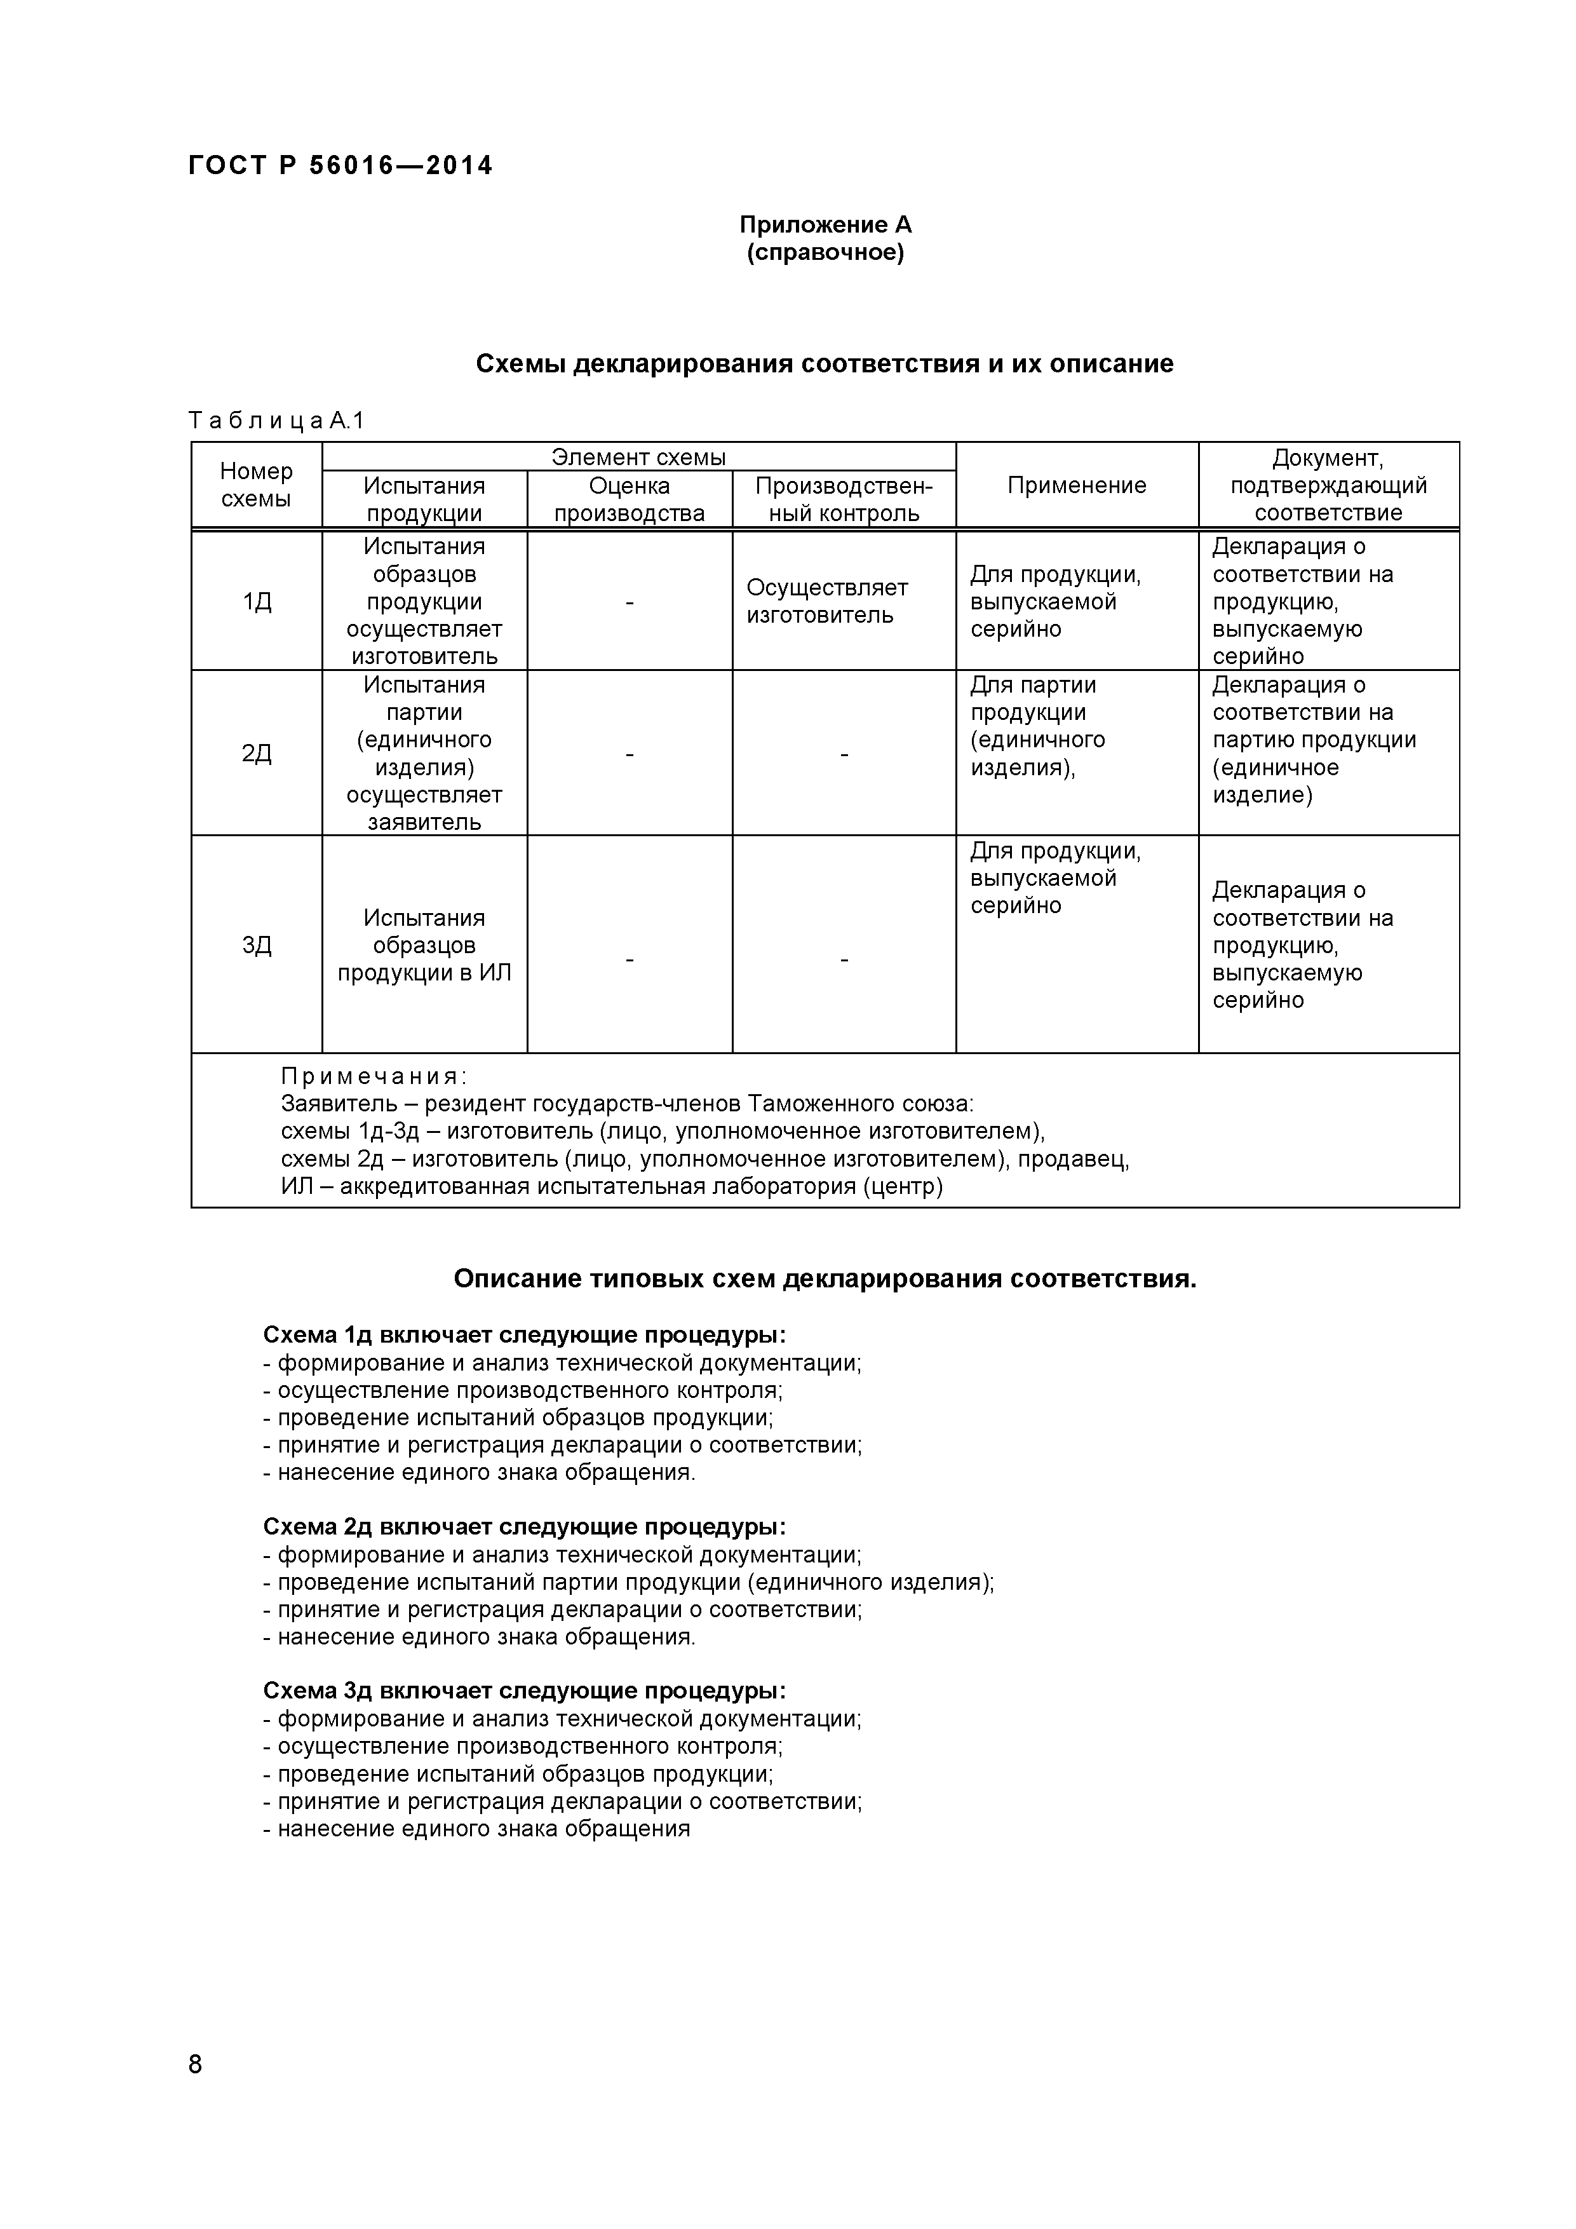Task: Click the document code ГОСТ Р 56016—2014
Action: tap(340, 166)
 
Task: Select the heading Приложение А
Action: tap(825, 225)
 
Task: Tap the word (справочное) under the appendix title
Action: tap(825, 254)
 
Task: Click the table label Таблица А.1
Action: tap(276, 421)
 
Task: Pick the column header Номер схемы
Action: tap(256, 484)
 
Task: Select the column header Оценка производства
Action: tap(629, 499)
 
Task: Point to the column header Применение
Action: tap(1076, 485)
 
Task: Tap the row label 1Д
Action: tap(256, 602)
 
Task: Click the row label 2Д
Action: tap(256, 754)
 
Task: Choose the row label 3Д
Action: tap(256, 945)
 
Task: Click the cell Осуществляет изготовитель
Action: tap(827, 602)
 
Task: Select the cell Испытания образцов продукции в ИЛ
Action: tap(424, 945)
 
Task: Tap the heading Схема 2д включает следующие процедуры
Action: tap(524, 1527)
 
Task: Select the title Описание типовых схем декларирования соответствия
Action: tap(825, 1280)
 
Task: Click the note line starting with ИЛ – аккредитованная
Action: tap(611, 1186)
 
